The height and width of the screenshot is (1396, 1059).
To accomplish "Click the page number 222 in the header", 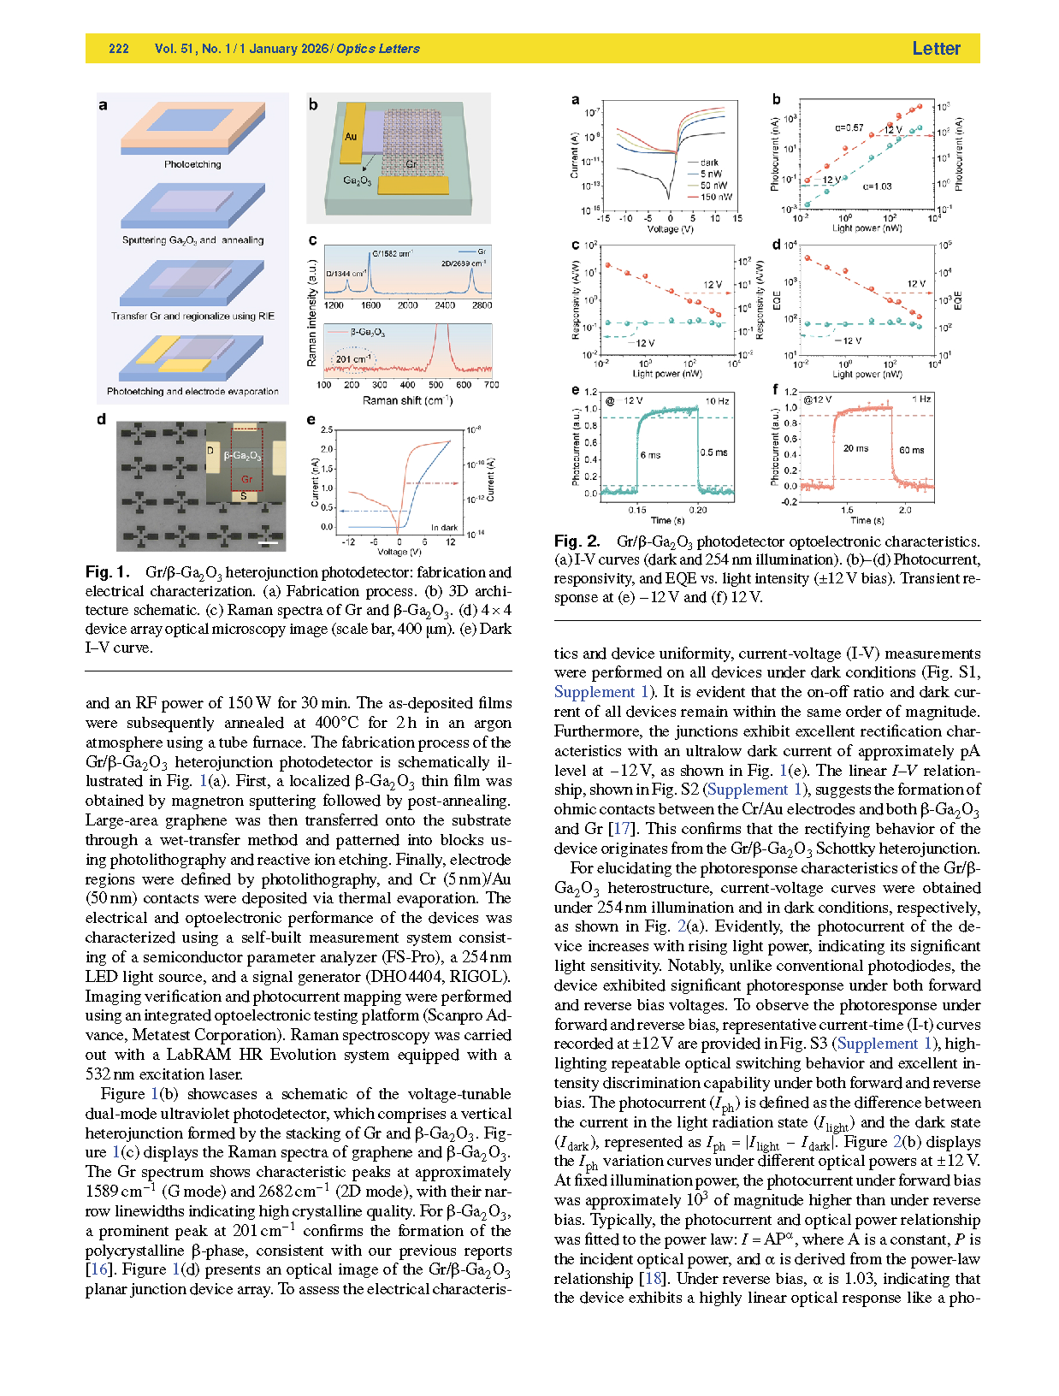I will (x=119, y=49).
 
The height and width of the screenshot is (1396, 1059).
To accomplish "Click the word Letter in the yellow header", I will (x=936, y=49).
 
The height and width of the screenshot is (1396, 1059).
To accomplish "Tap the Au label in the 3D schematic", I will (x=351, y=136).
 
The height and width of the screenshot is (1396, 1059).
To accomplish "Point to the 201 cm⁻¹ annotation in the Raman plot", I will (x=353, y=359).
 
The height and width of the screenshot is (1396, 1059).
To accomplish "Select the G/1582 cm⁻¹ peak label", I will (x=392, y=253).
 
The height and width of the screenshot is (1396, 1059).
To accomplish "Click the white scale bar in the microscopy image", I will (x=269, y=542).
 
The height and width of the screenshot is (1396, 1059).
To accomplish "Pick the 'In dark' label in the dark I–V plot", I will (x=444, y=528).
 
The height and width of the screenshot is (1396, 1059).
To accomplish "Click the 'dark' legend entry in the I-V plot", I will (x=709, y=162).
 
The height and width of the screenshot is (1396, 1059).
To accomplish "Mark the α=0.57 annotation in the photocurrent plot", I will (x=849, y=128).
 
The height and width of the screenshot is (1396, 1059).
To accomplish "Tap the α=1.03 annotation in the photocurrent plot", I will (x=877, y=186).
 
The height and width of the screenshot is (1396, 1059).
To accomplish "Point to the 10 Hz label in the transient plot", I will (x=717, y=401).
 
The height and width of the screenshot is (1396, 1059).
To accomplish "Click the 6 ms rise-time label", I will (x=650, y=455).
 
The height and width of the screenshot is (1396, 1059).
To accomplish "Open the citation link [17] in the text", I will (x=621, y=829).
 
